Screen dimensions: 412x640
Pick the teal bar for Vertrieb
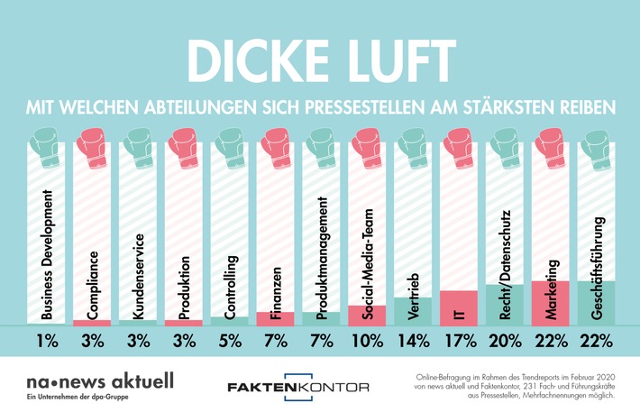click(415, 310)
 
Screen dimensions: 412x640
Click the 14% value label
click(415, 342)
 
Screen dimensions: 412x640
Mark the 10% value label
click(368, 342)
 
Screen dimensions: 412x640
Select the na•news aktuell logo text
click(87, 379)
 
